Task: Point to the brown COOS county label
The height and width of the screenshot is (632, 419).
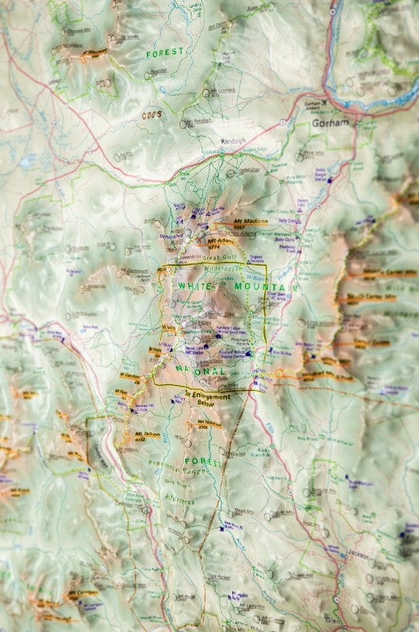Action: point(153,115)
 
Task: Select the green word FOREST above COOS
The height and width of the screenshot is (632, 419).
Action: point(164,53)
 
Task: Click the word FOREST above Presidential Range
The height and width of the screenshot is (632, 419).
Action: point(203,462)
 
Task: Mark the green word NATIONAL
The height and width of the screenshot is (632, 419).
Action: point(201,371)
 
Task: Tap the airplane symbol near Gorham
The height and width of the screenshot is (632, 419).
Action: point(324,104)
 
